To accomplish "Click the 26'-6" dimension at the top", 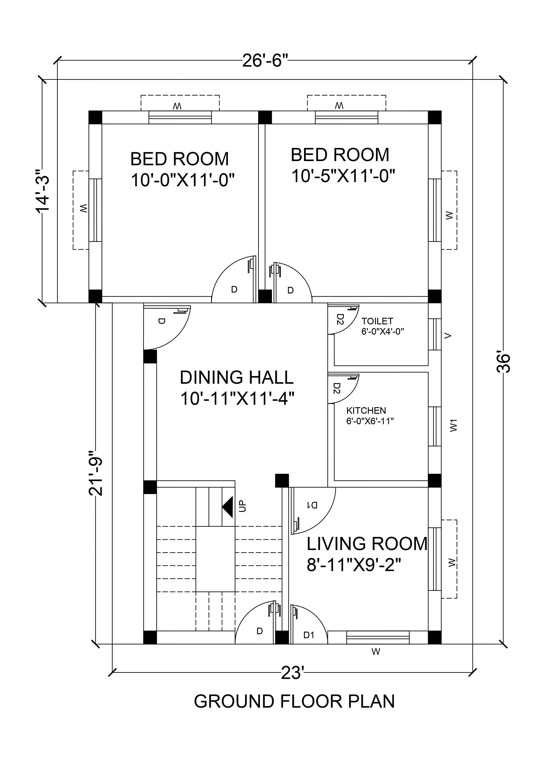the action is tap(265, 61).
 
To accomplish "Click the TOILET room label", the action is tap(377, 321).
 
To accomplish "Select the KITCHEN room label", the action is tap(366, 411).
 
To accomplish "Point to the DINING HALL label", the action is tap(236, 377).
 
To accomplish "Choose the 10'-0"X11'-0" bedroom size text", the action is tap(183, 180).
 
